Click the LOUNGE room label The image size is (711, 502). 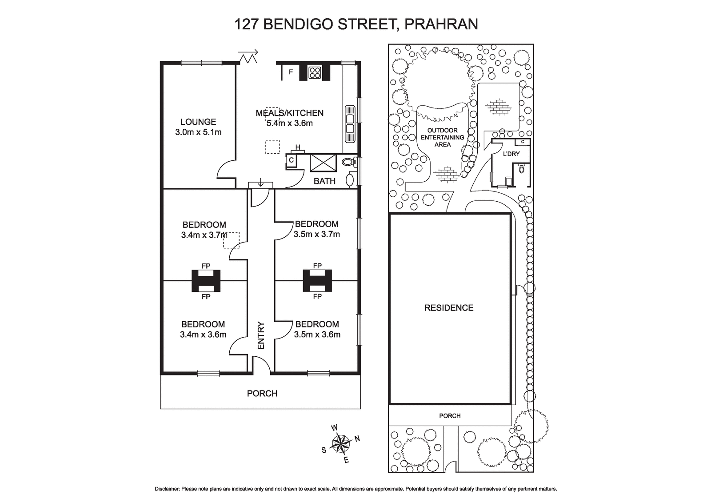[198, 122]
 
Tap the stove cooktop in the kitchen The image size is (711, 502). [315, 72]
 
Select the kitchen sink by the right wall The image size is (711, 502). [350, 124]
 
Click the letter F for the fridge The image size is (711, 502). [291, 72]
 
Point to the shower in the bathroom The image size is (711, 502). [323, 163]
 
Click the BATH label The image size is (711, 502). [324, 181]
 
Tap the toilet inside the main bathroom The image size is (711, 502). [349, 162]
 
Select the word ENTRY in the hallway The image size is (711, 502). [261, 336]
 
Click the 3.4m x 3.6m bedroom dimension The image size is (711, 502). [203, 335]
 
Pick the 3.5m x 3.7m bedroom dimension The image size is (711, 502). [317, 235]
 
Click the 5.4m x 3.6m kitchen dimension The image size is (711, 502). [289, 124]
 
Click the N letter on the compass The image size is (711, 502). [357, 439]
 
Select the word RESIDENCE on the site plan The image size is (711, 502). [449, 308]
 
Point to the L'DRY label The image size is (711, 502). [511, 154]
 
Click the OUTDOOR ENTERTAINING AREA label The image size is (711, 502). [443, 137]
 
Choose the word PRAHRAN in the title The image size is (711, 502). [441, 24]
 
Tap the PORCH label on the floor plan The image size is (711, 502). [262, 394]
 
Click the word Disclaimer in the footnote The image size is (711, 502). [167, 489]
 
